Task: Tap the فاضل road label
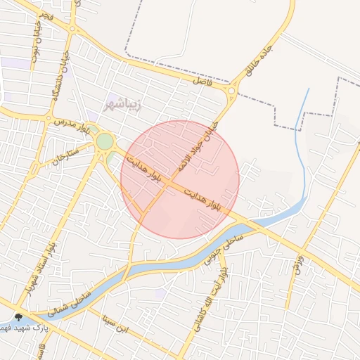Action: point(204,82)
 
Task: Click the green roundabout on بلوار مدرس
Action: point(105,141)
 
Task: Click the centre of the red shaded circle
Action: point(180,179)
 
